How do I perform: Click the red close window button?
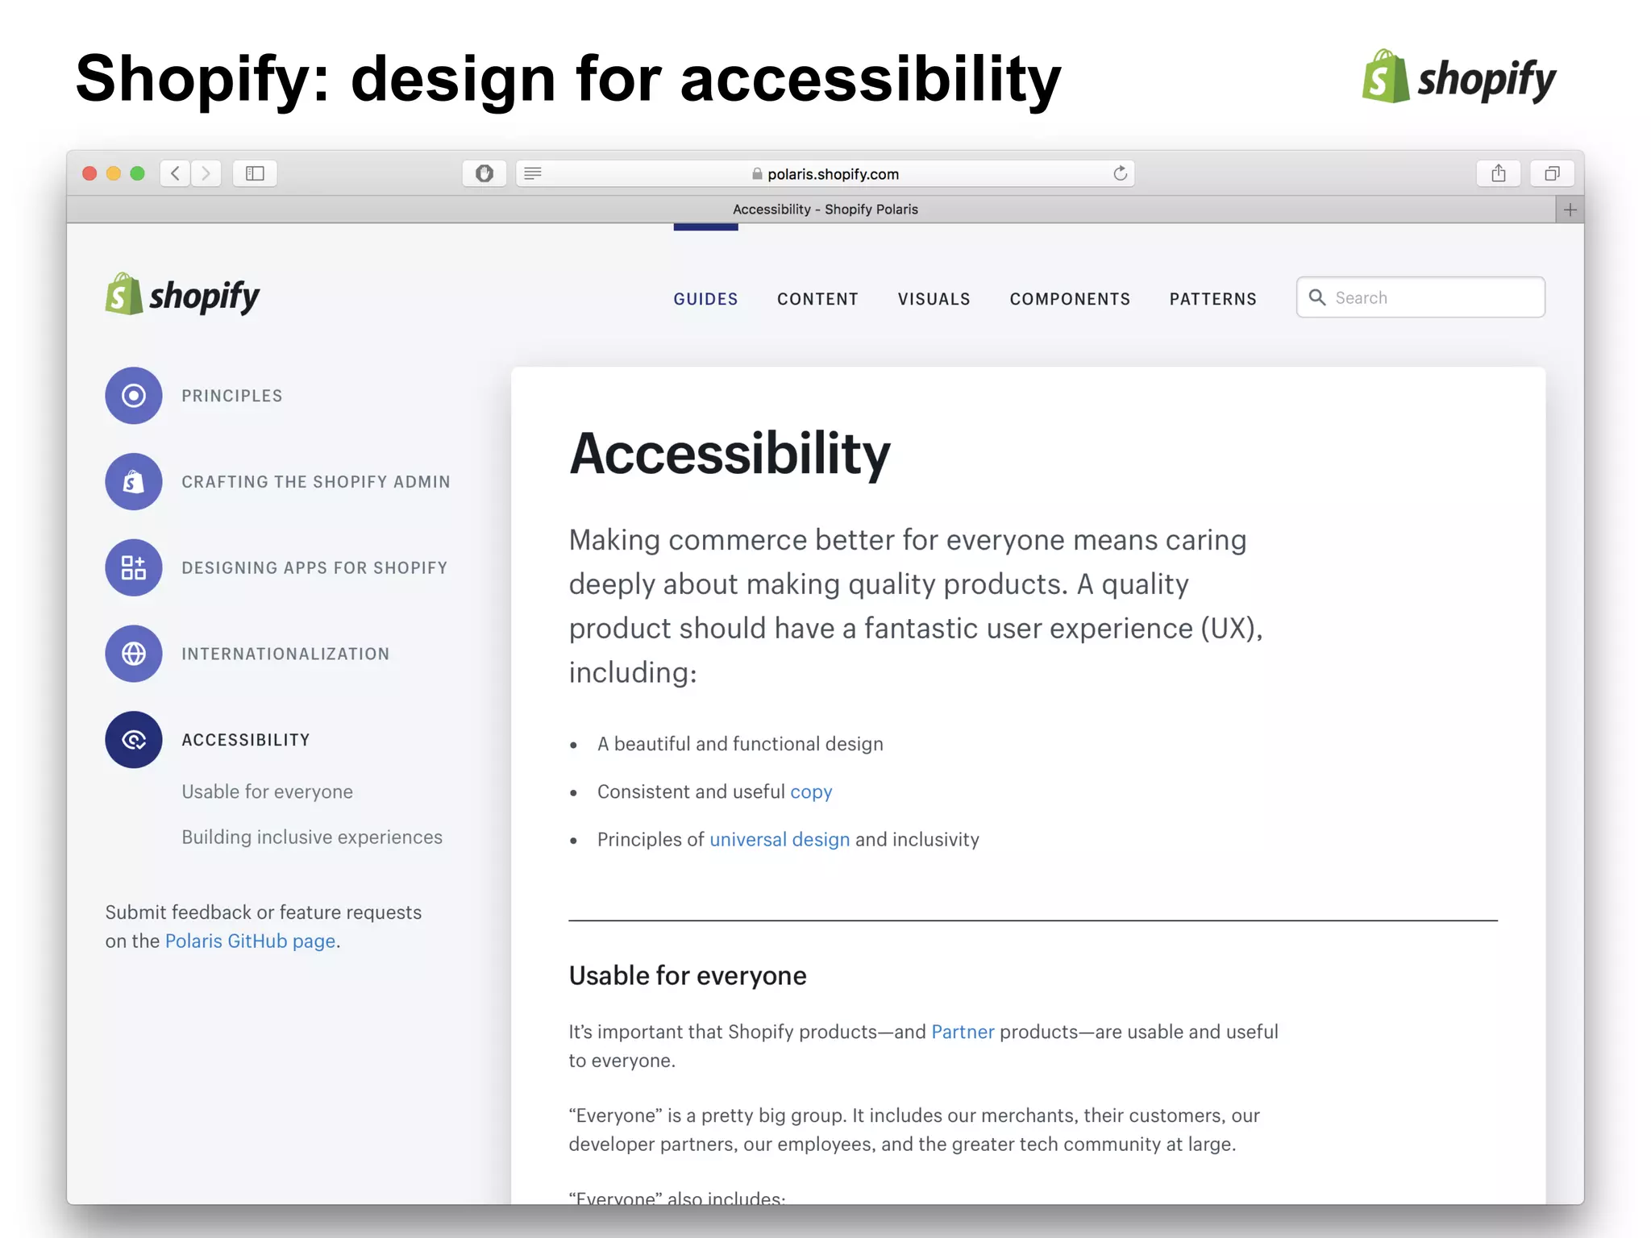(90, 173)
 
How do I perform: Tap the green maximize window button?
(138, 173)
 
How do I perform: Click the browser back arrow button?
(175, 173)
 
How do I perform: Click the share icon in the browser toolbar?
(1498, 173)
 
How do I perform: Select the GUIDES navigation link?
(705, 299)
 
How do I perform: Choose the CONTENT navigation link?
(817, 299)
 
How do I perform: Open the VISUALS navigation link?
(934, 299)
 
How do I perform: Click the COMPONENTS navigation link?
(1070, 299)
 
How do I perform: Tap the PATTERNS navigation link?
(1212, 299)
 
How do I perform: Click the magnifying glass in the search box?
(1317, 297)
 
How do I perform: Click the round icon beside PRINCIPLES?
(134, 396)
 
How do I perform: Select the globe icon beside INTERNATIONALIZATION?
(134, 654)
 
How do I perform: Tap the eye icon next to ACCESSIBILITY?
(134, 740)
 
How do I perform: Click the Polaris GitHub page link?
(250, 941)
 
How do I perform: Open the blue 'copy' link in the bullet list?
(811, 791)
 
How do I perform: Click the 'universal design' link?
(780, 840)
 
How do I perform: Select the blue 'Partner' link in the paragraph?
(963, 1032)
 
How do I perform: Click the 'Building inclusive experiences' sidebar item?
(312, 837)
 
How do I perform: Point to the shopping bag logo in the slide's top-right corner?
(1385, 77)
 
